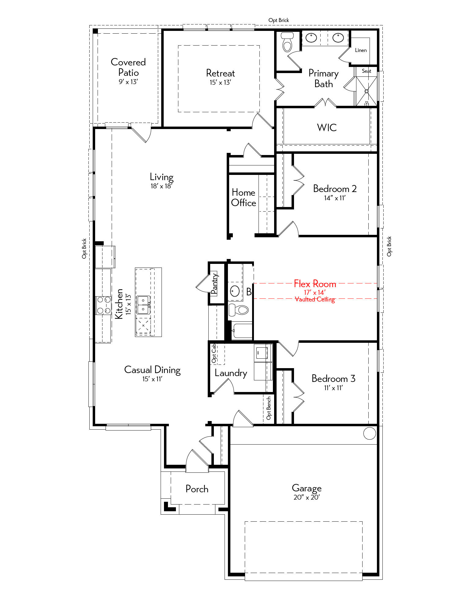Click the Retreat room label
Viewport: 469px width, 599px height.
[220, 73]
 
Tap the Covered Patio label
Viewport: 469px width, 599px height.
[128, 67]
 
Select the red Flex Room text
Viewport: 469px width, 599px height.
[315, 284]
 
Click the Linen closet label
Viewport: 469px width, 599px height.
[361, 50]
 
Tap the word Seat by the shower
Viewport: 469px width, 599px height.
[366, 71]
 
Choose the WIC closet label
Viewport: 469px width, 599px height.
[327, 128]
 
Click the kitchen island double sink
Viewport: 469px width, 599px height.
[143, 305]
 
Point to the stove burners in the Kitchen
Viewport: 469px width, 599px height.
[104, 305]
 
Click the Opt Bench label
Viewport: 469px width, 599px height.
[269, 408]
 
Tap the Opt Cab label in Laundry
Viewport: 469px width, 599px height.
[214, 353]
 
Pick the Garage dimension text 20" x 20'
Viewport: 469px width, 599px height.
[307, 497]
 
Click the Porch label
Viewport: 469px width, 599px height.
[197, 489]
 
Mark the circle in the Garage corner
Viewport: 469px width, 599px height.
[370, 433]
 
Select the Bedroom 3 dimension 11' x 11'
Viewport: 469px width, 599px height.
[333, 388]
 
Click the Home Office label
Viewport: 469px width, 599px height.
[244, 198]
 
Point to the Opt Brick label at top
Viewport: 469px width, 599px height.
[279, 20]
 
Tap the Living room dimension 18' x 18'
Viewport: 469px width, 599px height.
[162, 186]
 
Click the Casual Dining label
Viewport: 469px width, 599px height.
[152, 370]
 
